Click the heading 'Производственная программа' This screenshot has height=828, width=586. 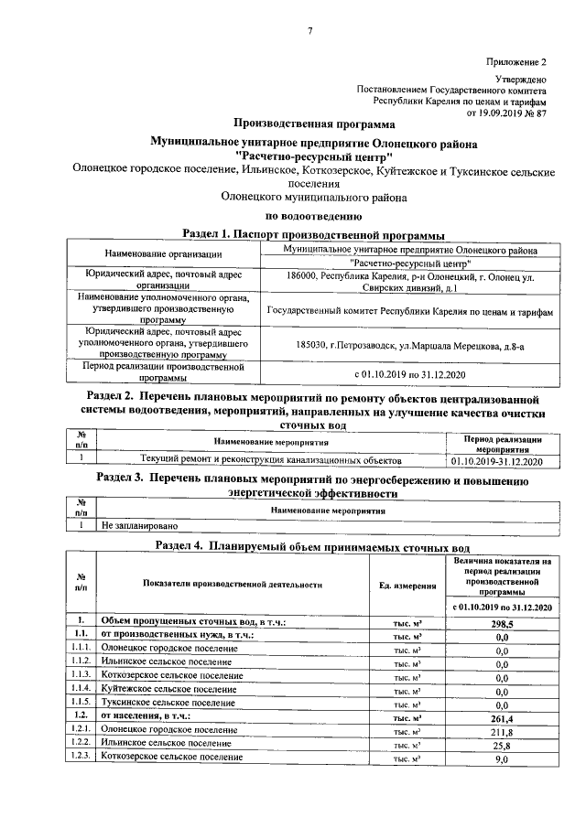click(314, 124)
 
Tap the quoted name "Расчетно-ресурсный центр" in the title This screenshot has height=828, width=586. click(314, 156)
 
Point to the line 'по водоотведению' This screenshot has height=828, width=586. click(314, 217)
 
